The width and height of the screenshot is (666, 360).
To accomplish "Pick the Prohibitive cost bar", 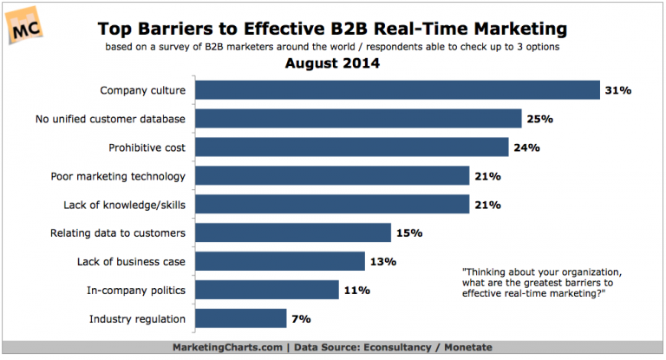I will click(351, 147).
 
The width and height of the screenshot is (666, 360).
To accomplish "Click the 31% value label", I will click(619, 90).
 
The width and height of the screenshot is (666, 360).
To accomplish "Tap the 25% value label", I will click(539, 119).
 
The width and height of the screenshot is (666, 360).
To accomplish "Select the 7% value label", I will click(302, 318).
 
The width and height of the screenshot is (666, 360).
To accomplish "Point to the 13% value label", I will click(383, 261).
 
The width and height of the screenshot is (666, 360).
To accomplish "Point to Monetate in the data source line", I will click(467, 347).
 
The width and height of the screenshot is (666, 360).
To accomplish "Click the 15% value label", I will click(408, 232).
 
